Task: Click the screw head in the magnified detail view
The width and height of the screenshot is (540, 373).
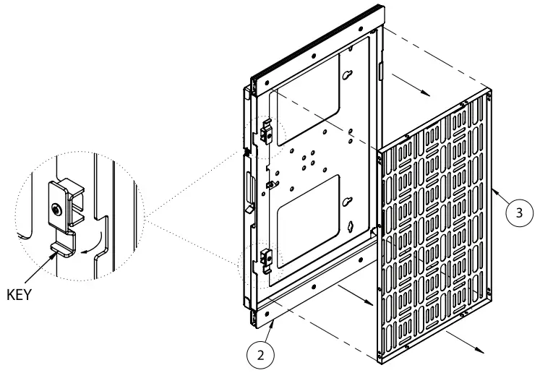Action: [56, 210]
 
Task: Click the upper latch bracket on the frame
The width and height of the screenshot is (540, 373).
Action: [265, 131]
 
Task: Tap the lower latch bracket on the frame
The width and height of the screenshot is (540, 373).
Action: [265, 257]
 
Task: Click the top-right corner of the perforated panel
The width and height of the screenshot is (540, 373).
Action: [489, 92]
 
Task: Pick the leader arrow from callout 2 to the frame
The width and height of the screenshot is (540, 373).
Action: [273, 330]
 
